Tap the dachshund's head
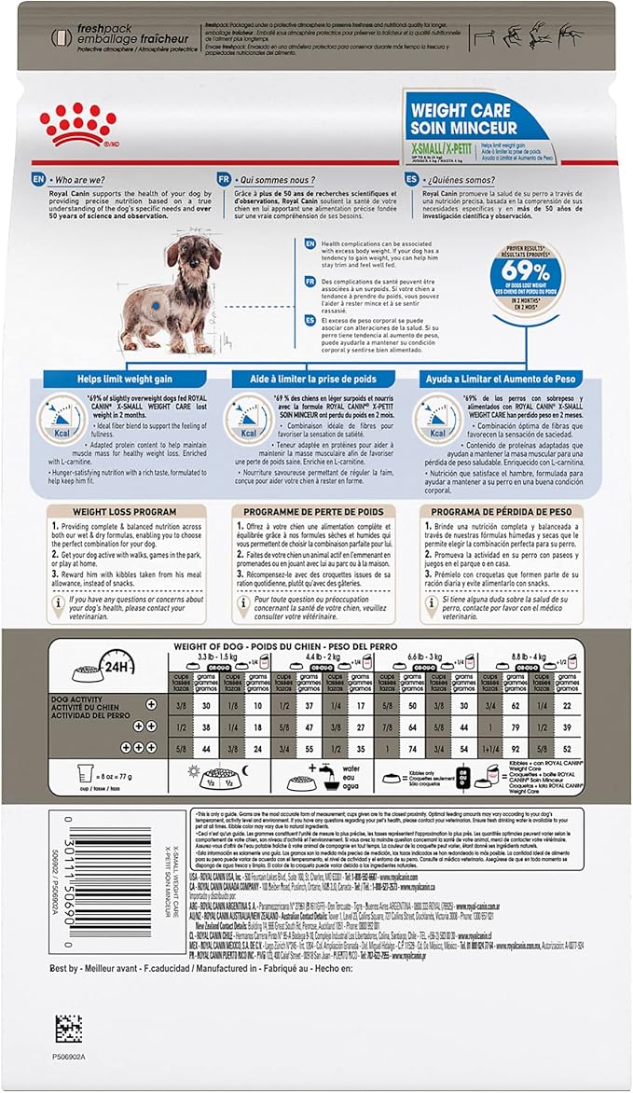tap(190, 256)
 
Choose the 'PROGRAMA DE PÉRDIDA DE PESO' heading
tap(501, 512)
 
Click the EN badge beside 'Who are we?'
tap(37, 177)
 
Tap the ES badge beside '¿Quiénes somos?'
tap(411, 177)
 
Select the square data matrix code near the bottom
tap(68, 1028)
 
